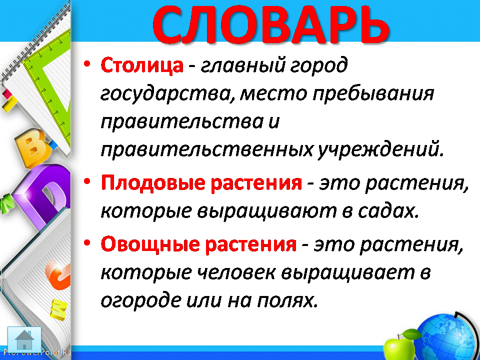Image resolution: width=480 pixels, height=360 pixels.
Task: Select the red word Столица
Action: [142, 65]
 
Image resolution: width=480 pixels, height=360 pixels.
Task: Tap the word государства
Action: [167, 93]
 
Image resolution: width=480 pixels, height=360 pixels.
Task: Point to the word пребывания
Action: [373, 93]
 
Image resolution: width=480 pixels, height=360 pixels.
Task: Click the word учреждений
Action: [379, 149]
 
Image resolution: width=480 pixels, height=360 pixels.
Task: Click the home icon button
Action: [24, 339]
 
